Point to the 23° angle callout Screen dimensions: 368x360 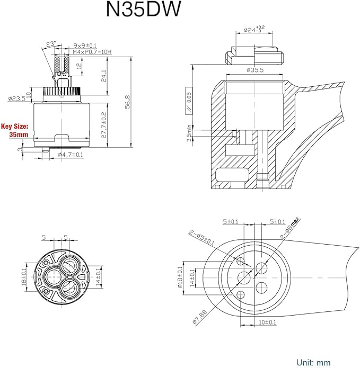(51, 44)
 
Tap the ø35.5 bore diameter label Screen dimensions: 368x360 (255, 70)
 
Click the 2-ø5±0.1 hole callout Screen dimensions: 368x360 (202, 238)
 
